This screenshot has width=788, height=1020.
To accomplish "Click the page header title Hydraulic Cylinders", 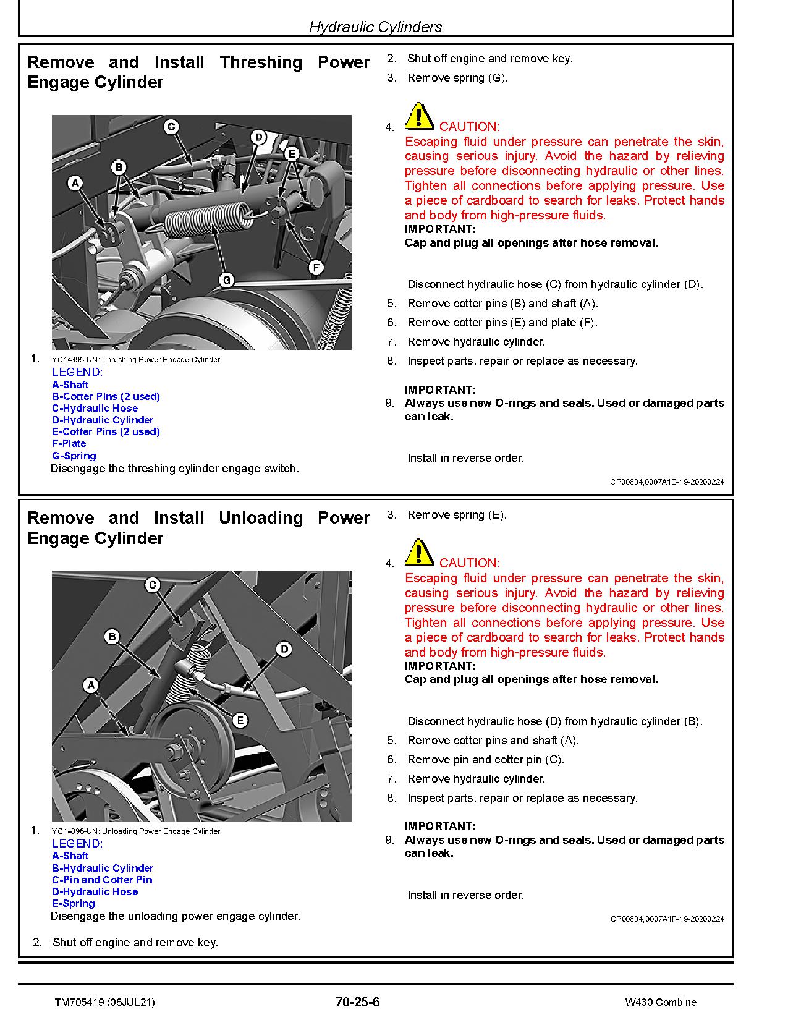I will click(375, 27).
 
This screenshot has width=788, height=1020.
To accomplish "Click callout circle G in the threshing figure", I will click(227, 280).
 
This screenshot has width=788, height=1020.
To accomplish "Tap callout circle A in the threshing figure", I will click(75, 183).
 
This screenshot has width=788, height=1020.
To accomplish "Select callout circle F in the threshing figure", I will click(316, 268).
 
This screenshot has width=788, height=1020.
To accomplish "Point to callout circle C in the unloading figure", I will click(153, 585).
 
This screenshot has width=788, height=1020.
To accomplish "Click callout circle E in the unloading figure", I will click(240, 720).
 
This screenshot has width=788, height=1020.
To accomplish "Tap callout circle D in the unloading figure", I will click(284, 649).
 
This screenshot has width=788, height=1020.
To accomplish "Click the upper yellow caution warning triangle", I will click(418, 116).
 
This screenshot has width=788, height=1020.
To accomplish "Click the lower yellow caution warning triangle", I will click(418, 553).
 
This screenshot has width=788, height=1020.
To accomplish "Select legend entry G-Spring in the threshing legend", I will click(74, 456).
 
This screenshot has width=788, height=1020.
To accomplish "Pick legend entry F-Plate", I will click(69, 443).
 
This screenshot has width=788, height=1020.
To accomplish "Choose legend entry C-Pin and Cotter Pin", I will click(102, 880).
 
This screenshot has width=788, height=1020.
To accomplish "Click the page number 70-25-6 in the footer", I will click(357, 1001).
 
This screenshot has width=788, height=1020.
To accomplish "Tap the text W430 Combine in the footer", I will click(660, 1002).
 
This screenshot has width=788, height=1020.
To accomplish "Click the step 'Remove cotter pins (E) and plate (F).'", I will click(502, 323).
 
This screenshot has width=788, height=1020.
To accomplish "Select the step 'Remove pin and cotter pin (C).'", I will click(486, 760).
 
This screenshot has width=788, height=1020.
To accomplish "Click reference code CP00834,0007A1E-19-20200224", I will click(667, 482).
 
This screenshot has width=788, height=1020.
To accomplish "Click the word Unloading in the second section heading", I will click(260, 518).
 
